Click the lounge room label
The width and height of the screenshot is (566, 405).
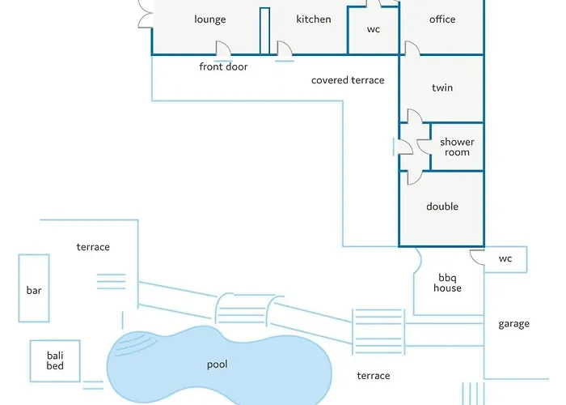pos(210,19)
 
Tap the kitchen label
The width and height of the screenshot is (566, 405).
pos(314,19)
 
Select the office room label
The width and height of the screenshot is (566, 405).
pos(442,19)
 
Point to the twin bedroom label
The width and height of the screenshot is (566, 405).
pos(442,88)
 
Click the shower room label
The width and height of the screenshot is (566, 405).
pos(457,147)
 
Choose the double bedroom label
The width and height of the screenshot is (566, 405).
pos(442,207)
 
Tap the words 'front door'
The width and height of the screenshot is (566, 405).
pos(223,67)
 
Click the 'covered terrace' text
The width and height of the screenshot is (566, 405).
pos(348,80)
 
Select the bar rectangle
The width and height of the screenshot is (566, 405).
pos(34,289)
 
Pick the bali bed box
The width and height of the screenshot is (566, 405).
pos(54,360)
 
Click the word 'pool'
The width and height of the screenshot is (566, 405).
pos(217,364)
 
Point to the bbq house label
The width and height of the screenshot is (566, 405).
pos(447,283)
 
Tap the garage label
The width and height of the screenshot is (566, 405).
pos(513,324)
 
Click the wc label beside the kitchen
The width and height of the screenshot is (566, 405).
pos(374,30)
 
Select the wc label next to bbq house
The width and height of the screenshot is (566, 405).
pos(505,259)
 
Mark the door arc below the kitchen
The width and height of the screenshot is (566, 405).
pos(285,49)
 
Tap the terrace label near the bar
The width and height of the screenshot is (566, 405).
pos(93,247)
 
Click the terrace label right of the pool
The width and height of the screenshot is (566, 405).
pos(374,376)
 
